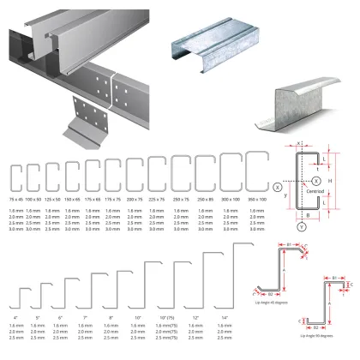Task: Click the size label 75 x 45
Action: tap(15, 199)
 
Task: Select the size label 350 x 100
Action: tap(256, 199)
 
